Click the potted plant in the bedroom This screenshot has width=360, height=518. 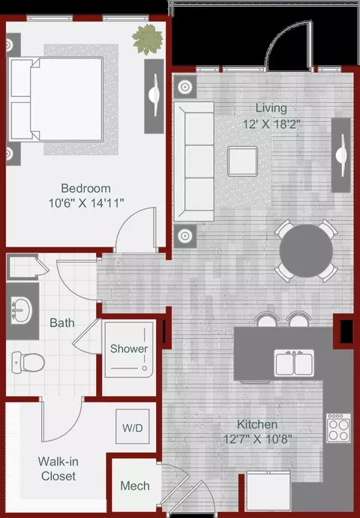pyautogui.click(x=148, y=39)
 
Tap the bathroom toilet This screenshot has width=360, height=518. pyautogui.click(x=28, y=362)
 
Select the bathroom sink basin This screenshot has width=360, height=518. pyautogui.click(x=22, y=310)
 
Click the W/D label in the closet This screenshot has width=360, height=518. pyautogui.click(x=133, y=428)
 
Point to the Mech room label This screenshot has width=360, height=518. pyautogui.click(x=135, y=486)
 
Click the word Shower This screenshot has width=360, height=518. pyautogui.click(x=129, y=349)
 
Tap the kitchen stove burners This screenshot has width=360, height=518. pyautogui.click(x=338, y=428)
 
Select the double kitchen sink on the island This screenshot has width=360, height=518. pyautogui.click(x=294, y=363)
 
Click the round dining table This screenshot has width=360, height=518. pyautogui.click(x=306, y=250)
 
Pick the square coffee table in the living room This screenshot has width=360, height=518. pyautogui.click(x=242, y=161)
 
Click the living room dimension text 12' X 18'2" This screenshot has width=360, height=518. pyautogui.click(x=271, y=124)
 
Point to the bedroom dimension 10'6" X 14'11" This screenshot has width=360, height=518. pyautogui.click(x=86, y=202)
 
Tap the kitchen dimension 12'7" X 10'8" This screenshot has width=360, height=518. pyautogui.click(x=257, y=439)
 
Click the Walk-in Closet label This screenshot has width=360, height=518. pyautogui.click(x=58, y=469)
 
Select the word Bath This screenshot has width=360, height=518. pyautogui.click(x=61, y=323)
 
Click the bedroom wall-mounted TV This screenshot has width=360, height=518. pyautogui.click(x=154, y=96)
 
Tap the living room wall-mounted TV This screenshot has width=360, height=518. pyautogui.click(x=341, y=155)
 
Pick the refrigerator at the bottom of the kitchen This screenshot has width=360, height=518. pyautogui.click(x=268, y=493)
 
